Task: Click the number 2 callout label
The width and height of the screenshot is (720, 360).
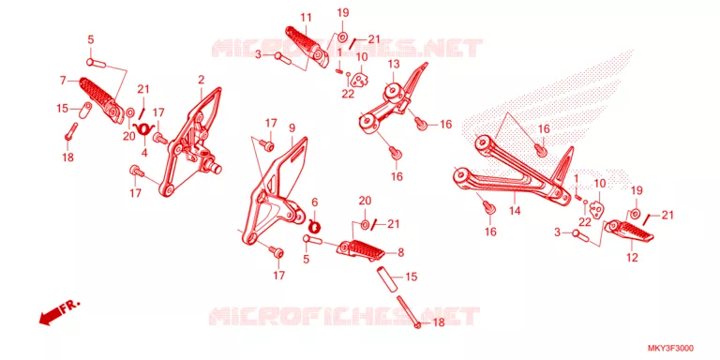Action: point(202,80)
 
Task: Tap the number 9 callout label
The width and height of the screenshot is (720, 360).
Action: point(292,128)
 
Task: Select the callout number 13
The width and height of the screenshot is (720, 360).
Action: point(394,64)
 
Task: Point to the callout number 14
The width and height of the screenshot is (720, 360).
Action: point(515,211)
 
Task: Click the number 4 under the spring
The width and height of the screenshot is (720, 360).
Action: point(144,153)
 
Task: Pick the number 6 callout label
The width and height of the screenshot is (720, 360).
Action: point(315,202)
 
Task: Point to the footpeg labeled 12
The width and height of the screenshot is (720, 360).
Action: point(628,232)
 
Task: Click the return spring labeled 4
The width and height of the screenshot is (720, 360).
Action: point(142,127)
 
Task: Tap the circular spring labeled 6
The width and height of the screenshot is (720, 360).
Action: point(315,225)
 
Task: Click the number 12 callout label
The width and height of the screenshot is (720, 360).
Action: point(632,258)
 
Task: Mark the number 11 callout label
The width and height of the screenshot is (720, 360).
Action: point(307,18)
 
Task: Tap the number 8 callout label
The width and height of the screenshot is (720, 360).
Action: point(401,252)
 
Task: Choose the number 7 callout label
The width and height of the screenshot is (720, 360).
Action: point(63,81)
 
